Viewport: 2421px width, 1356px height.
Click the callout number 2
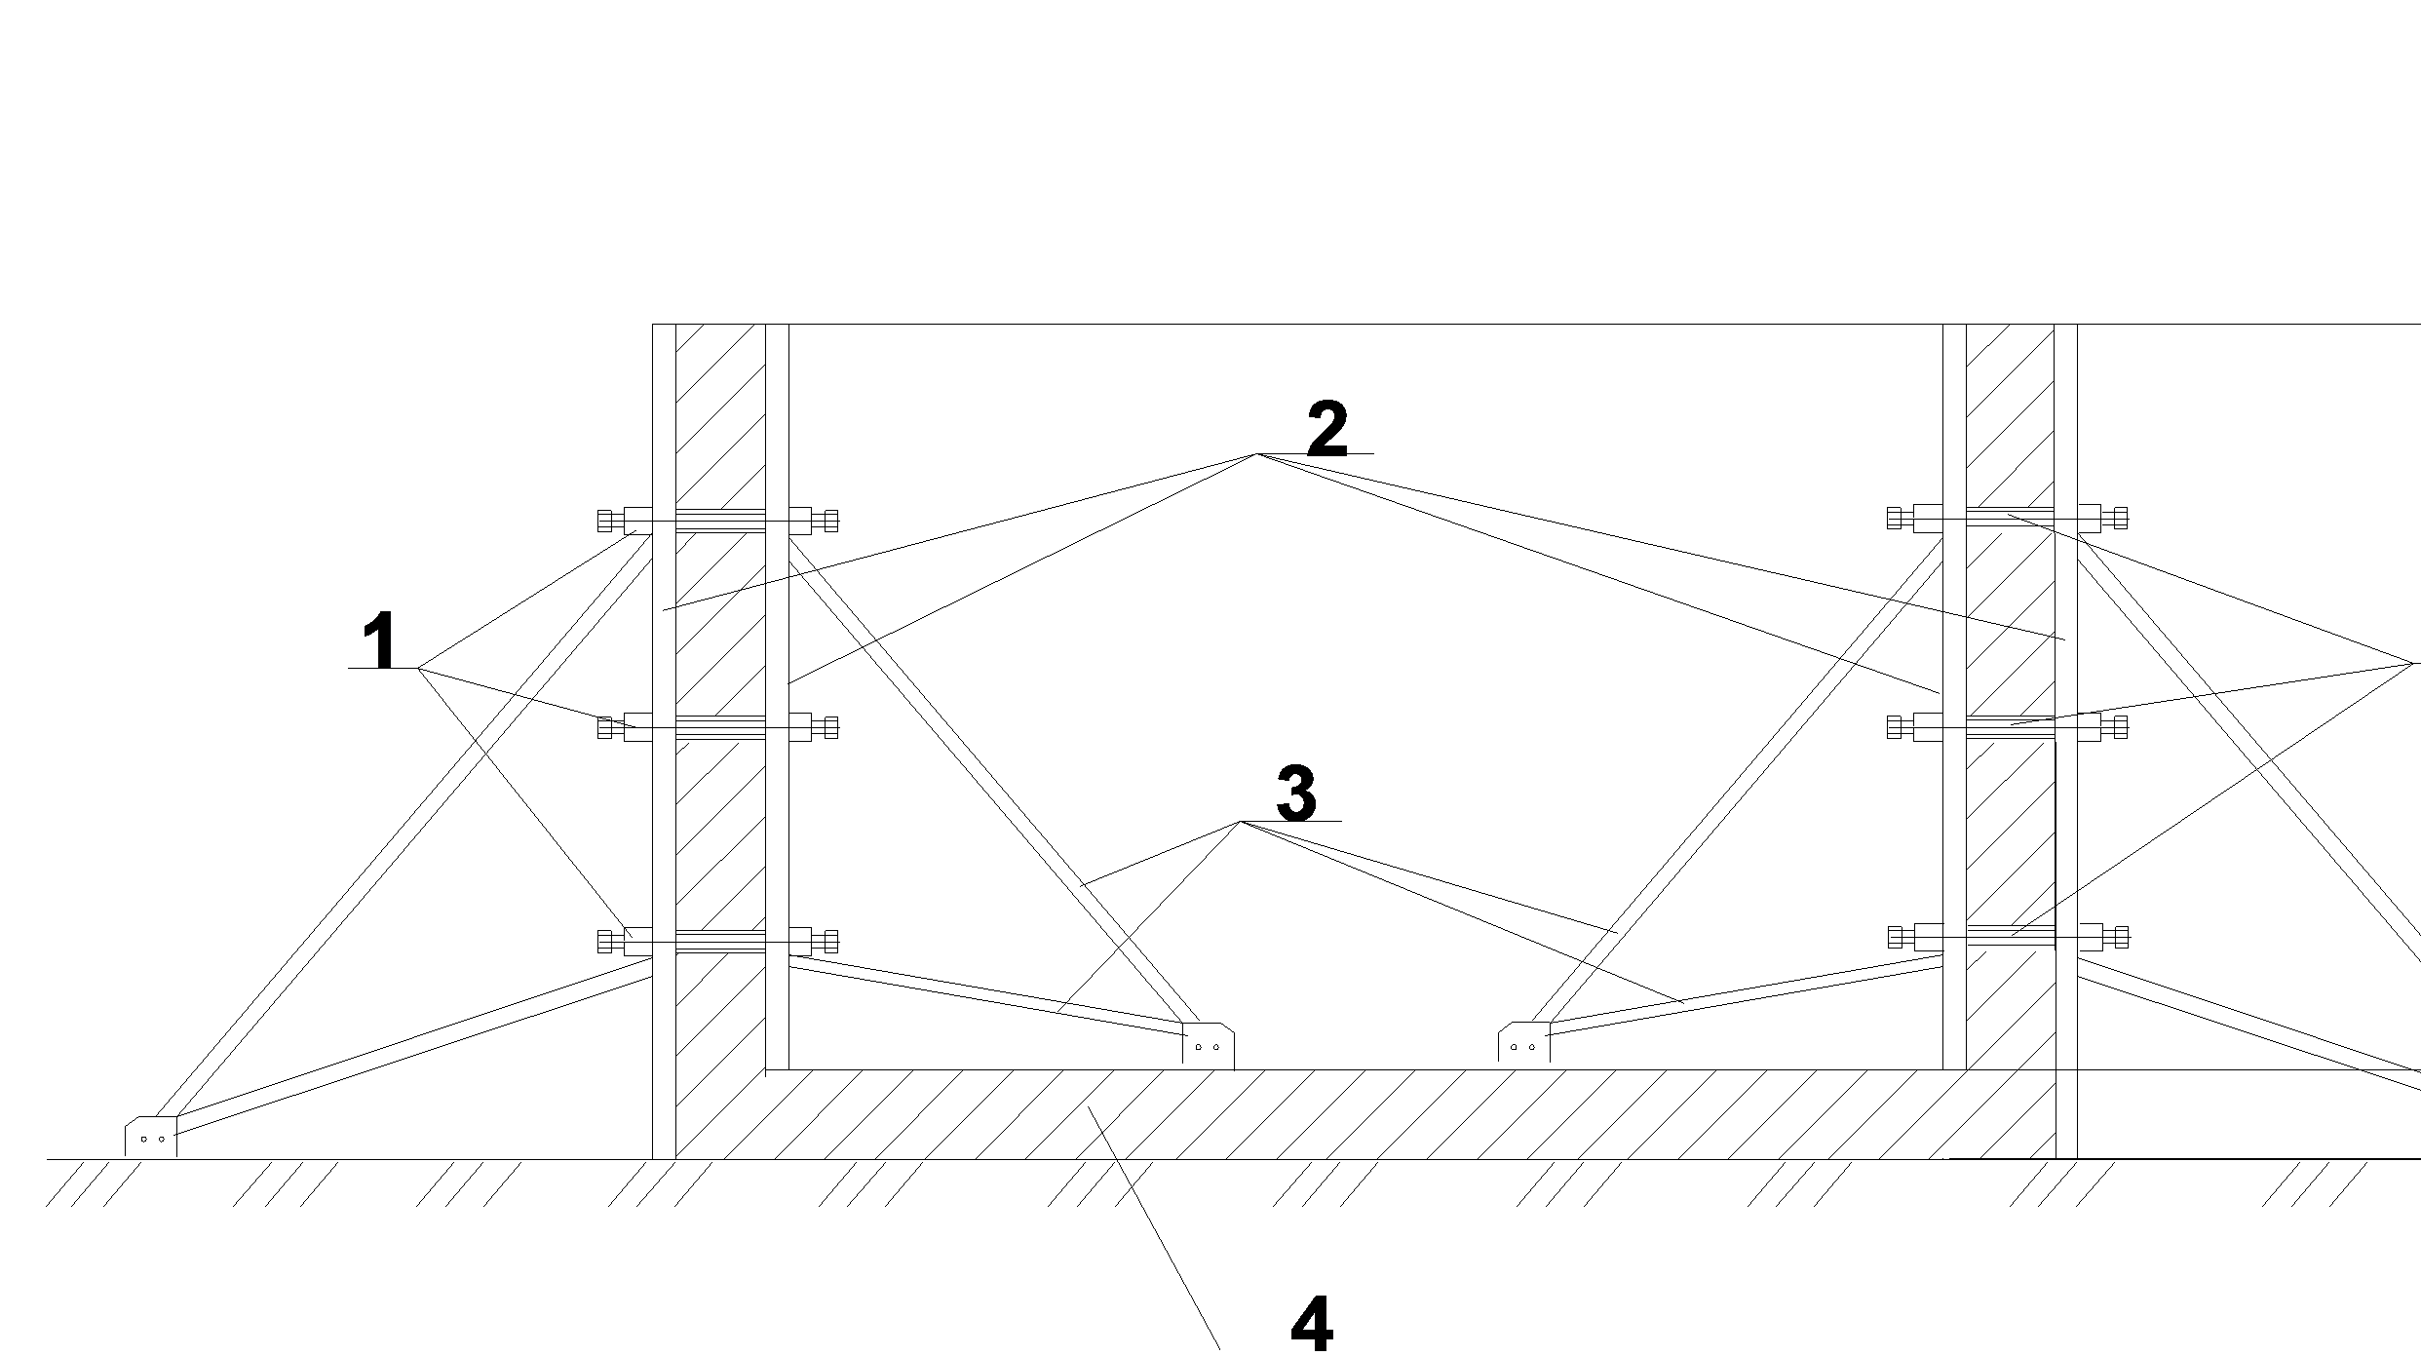1326,429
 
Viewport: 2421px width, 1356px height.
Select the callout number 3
1295,794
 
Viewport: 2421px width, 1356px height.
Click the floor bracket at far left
151,1137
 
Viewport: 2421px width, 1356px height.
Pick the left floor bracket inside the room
1208,1045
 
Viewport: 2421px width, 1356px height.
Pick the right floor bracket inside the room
1523,1045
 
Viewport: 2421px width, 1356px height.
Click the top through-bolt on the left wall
718,521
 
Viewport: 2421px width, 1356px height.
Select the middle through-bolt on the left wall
718,727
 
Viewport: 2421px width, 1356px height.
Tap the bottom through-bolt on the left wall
718,942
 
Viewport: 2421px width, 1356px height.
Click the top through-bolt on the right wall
2008,519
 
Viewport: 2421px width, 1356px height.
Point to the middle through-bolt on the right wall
2008,727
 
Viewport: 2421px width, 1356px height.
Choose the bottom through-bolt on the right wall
2008,938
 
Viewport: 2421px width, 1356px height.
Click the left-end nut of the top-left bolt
608,521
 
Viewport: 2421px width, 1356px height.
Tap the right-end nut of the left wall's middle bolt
828,727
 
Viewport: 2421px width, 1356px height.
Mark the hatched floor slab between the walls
1364,1114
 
